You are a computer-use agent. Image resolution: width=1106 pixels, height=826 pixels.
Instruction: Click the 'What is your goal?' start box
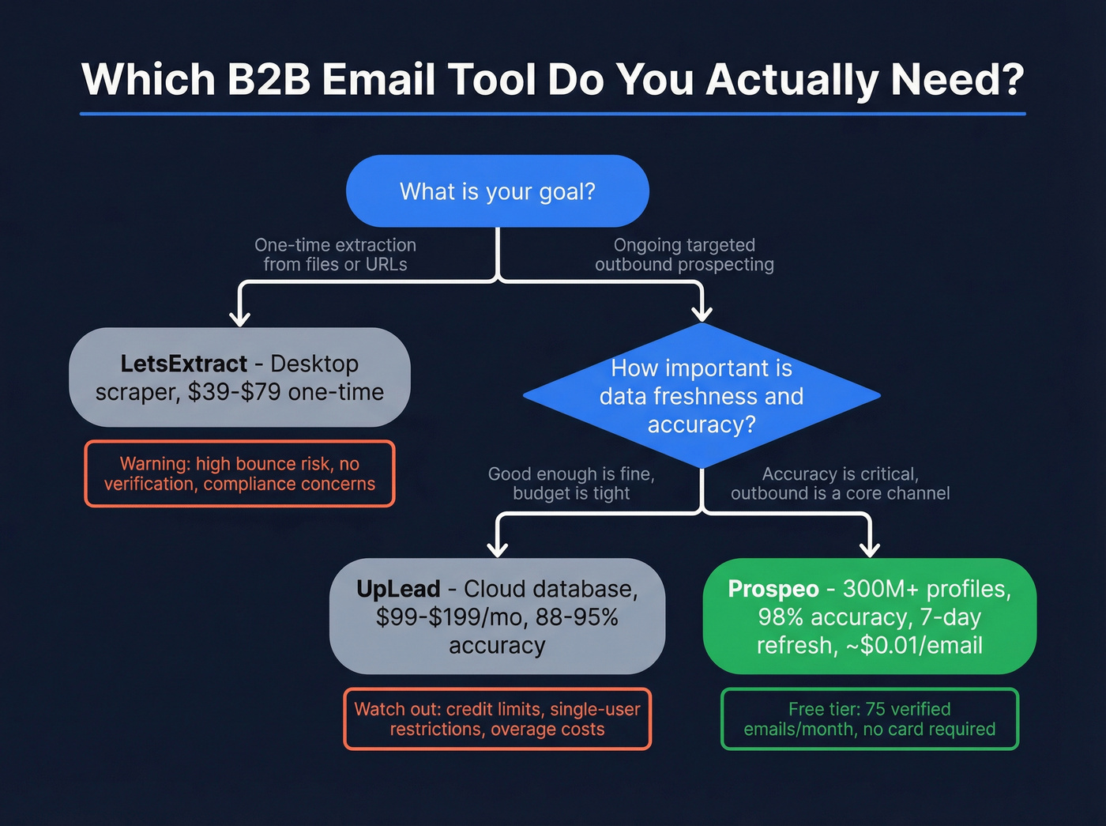click(498, 191)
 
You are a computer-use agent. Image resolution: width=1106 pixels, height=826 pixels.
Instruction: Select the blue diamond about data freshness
click(702, 395)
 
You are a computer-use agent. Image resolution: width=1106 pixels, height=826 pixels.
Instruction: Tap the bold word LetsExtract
click(183, 364)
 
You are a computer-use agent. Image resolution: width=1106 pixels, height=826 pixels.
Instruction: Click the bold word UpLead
click(397, 589)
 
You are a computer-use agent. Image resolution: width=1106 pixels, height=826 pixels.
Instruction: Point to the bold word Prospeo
click(773, 589)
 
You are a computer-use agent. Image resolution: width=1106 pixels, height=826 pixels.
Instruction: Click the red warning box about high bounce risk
click(239, 473)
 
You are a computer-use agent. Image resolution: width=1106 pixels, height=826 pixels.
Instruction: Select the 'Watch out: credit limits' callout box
click(497, 719)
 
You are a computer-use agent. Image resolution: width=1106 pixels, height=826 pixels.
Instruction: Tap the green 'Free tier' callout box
click(870, 719)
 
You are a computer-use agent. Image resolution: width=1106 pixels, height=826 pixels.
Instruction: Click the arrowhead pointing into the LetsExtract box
click(240, 318)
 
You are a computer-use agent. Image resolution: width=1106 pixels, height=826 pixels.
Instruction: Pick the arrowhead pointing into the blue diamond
click(702, 313)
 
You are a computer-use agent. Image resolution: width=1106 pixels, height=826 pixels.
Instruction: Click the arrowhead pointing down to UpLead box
click(497, 548)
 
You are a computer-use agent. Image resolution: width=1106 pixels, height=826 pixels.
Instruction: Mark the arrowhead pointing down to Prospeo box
click(870, 548)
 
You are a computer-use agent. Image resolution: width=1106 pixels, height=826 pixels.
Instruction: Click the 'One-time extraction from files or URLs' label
click(335, 255)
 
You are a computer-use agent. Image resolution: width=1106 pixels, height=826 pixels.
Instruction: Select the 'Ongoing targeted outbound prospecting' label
click(684, 255)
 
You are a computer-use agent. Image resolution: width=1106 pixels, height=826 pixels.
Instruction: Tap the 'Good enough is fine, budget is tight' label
click(571, 483)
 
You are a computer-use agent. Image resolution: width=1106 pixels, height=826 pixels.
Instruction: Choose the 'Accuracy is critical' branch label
click(840, 483)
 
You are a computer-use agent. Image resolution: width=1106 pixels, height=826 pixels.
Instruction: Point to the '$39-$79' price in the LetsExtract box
click(234, 392)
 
